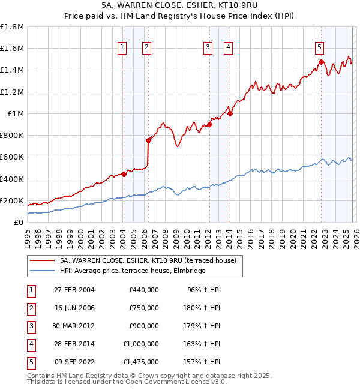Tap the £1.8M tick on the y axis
pos(12,27)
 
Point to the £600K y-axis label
pos(12,157)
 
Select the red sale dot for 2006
pos(148,141)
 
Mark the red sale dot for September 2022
pos(322,62)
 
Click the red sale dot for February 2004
pos(124,175)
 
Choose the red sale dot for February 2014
pos(230,113)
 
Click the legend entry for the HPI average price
pos(132,271)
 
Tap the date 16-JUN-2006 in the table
pos(74,308)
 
